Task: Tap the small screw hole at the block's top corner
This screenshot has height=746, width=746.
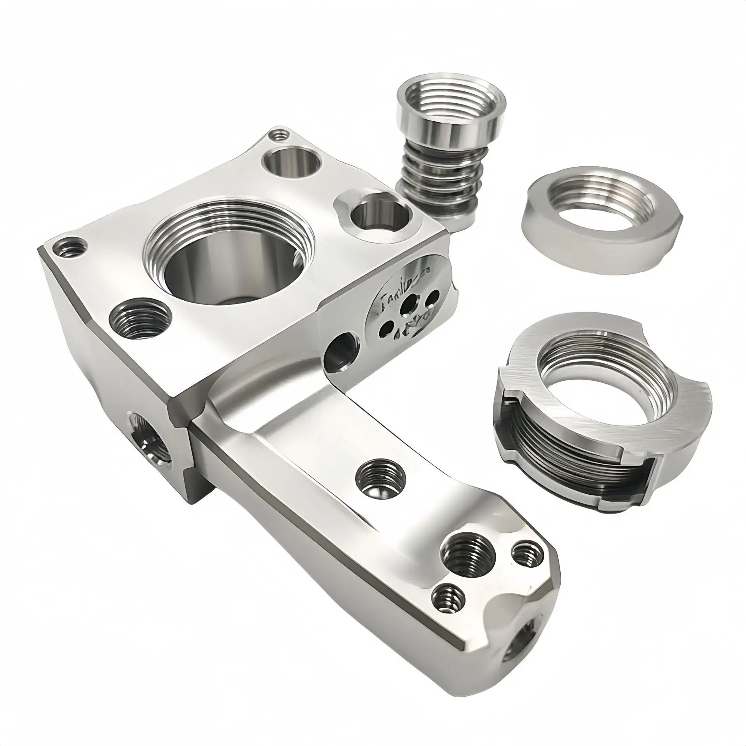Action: (278, 136)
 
